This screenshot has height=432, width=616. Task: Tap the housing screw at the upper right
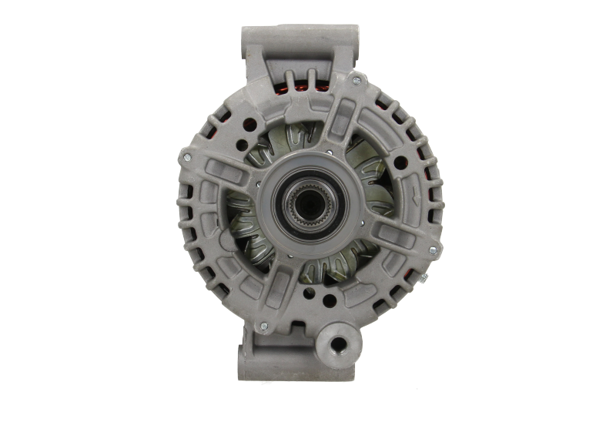click(356, 80)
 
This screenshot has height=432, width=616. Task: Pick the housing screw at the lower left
click(263, 327)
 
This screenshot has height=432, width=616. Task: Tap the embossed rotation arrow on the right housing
click(420, 193)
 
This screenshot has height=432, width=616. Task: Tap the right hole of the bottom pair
click(330, 300)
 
